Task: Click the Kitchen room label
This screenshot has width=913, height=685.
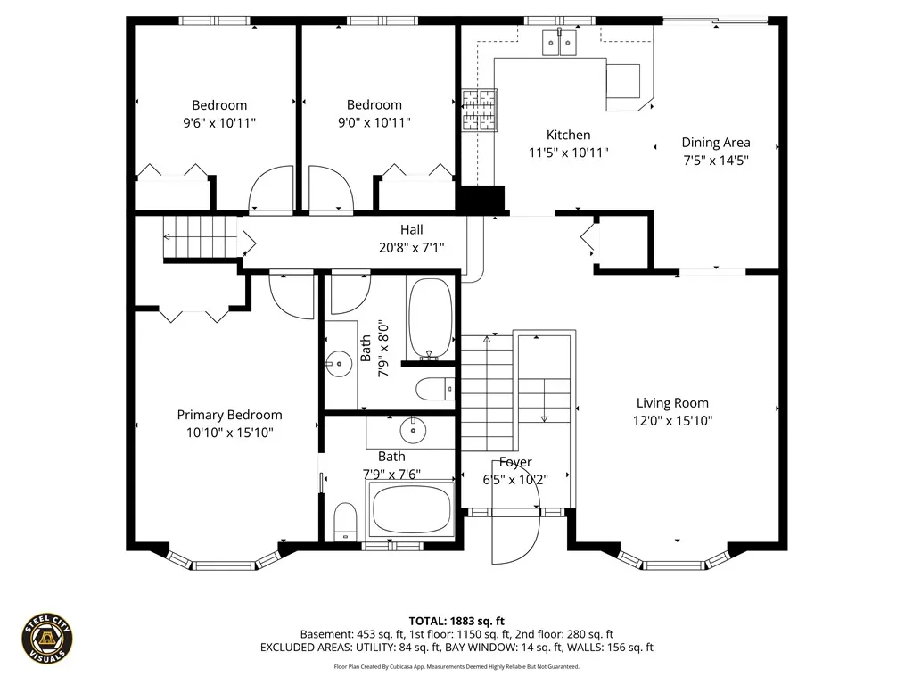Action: [x=568, y=136]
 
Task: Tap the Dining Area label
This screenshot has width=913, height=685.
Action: [x=716, y=143]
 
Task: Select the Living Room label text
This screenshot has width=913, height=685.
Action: [x=672, y=403]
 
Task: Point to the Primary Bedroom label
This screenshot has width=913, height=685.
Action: [x=229, y=416]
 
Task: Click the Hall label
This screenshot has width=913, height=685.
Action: [x=412, y=229]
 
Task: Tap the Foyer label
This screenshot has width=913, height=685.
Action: [x=515, y=463]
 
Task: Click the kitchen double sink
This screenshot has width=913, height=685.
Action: [x=559, y=43]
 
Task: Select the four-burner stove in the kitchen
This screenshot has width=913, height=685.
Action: [x=480, y=110]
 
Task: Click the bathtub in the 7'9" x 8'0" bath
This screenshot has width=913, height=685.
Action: [x=431, y=318]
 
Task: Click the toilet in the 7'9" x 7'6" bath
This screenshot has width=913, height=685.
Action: [x=345, y=521]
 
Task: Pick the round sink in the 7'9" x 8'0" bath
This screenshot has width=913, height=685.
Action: [x=338, y=364]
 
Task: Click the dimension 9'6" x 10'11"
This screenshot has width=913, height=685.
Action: [x=219, y=123]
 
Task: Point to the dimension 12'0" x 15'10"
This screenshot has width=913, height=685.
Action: [x=672, y=421]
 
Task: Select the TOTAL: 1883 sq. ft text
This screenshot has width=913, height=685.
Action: [x=456, y=621]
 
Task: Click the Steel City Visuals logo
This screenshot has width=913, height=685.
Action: [x=47, y=639]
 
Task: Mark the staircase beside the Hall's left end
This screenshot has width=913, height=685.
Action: [x=201, y=237]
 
